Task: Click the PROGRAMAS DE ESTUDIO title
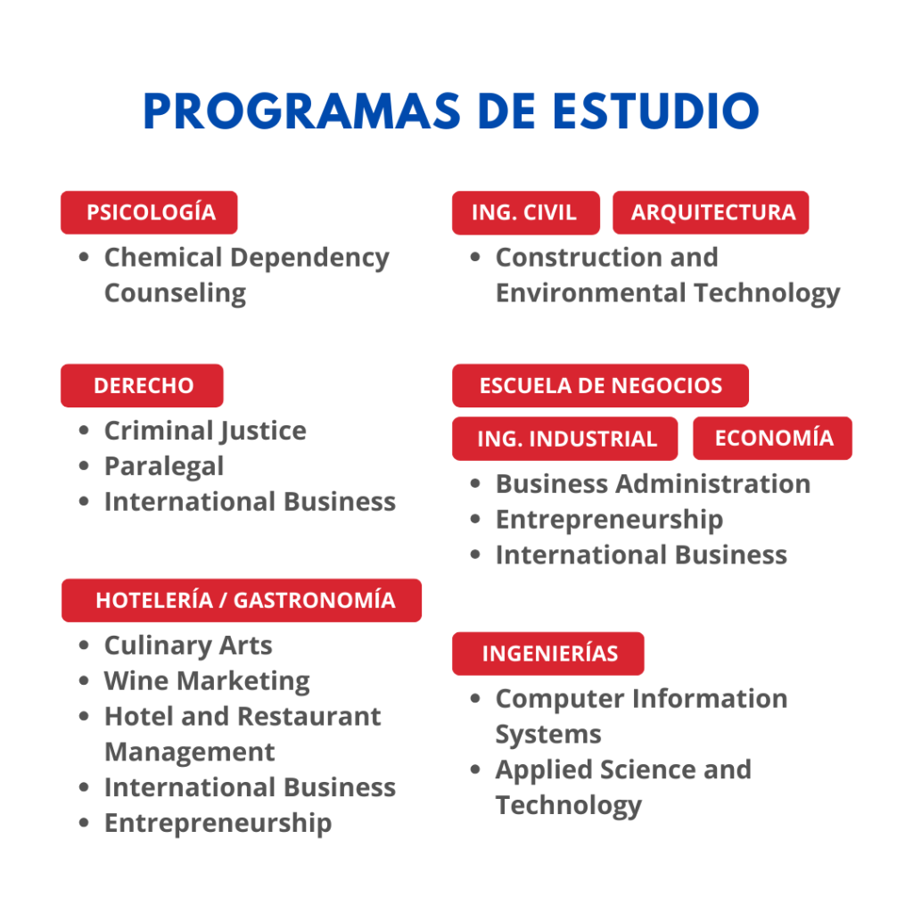(x=451, y=111)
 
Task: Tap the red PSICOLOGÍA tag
(x=149, y=212)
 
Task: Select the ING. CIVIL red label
(x=526, y=212)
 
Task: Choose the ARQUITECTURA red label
(x=711, y=212)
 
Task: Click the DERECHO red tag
(x=142, y=385)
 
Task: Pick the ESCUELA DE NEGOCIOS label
(x=600, y=385)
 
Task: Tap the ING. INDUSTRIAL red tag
(x=564, y=439)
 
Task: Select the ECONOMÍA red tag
(x=773, y=438)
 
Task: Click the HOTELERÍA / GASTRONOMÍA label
(x=242, y=600)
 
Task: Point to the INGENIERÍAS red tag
(x=548, y=654)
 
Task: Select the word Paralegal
(x=164, y=467)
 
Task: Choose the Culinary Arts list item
(x=188, y=646)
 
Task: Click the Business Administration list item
(x=653, y=484)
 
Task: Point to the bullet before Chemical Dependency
(x=84, y=257)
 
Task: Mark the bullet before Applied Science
(x=475, y=769)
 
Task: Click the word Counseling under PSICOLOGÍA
(x=176, y=293)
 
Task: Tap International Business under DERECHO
(x=250, y=502)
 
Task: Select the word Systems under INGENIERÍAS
(x=548, y=735)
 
